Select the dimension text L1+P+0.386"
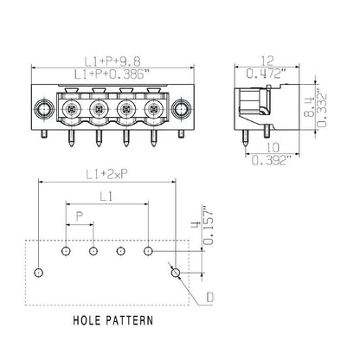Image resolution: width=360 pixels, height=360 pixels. click(110, 77)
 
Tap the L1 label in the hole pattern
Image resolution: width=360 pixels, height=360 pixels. click(106, 198)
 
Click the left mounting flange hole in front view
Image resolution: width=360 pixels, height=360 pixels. click(41, 110)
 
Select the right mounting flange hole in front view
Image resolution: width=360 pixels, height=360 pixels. click(180, 110)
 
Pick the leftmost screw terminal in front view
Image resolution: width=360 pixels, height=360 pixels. click(71, 110)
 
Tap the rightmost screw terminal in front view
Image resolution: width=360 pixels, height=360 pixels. click(153, 110)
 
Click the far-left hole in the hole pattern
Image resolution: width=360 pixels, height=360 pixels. click(36, 273)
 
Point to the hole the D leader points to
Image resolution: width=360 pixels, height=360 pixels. click(176, 273)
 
